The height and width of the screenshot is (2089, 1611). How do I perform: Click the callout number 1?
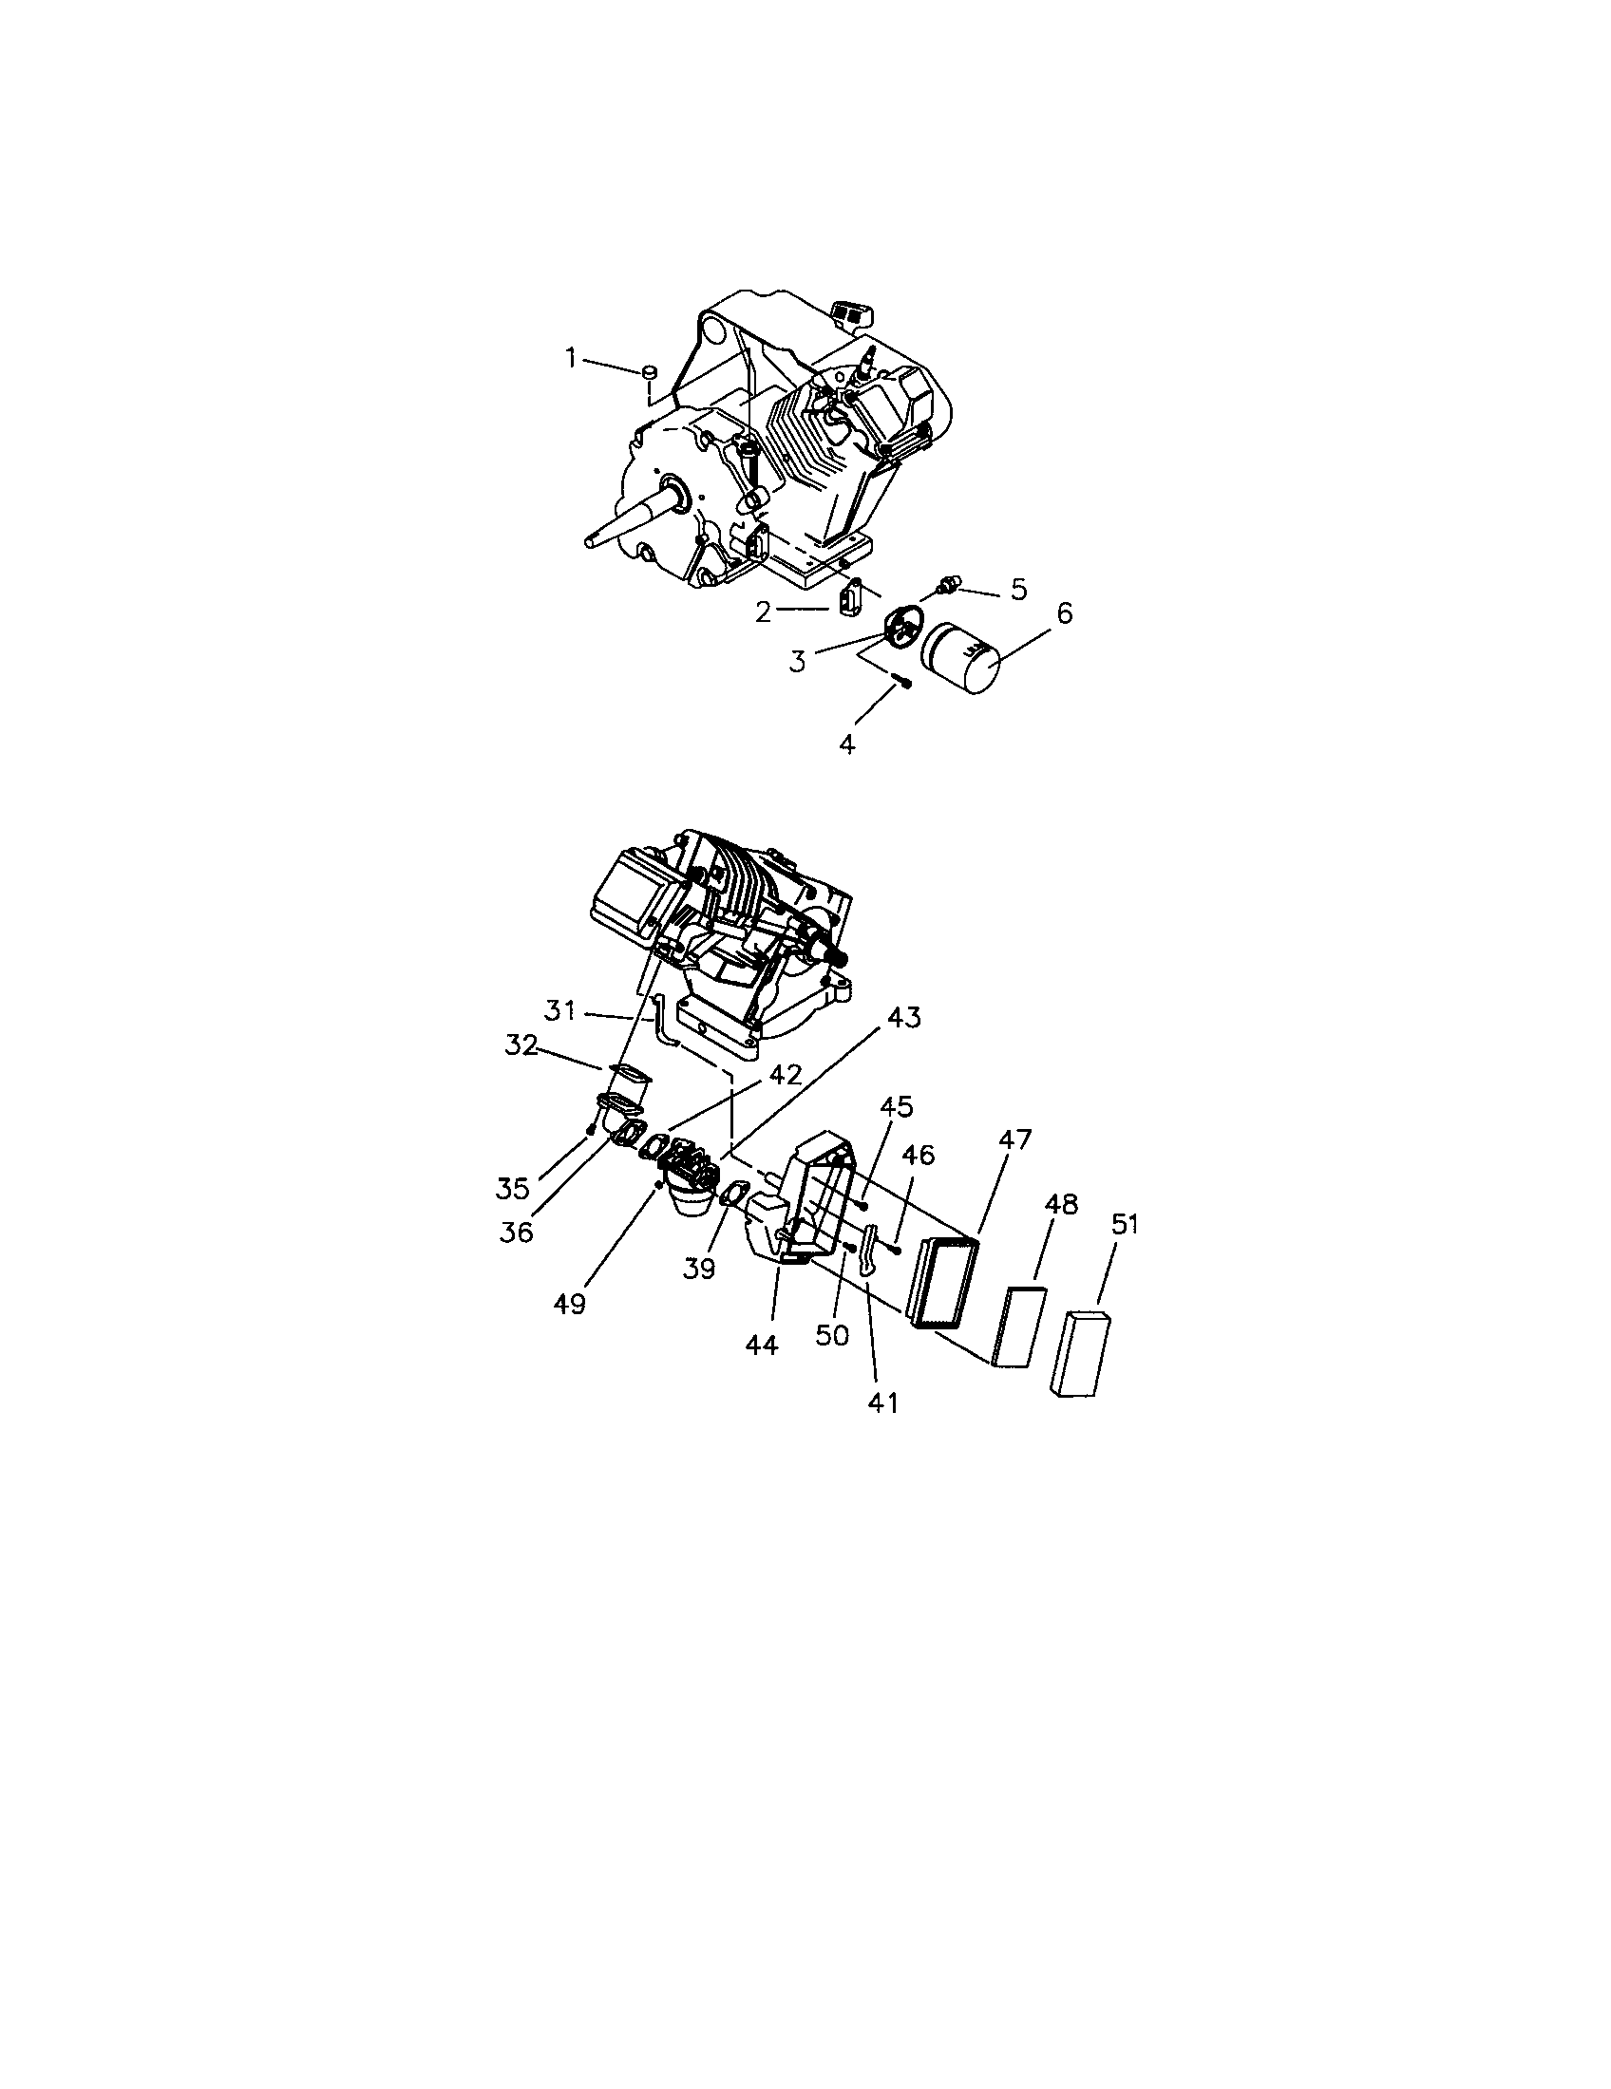coord(571,359)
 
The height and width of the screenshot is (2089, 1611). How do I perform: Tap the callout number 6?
coord(1064,613)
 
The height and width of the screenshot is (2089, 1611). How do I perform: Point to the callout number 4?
coord(847,744)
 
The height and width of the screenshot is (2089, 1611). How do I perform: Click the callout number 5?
coord(1018,590)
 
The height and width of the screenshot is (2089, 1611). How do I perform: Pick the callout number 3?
coord(798,661)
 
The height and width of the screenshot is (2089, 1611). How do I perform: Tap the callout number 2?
coord(763,612)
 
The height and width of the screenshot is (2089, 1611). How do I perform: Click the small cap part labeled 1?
coord(649,371)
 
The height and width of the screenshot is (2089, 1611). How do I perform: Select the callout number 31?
coord(559,1010)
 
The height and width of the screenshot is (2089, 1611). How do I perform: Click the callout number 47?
coord(1016,1139)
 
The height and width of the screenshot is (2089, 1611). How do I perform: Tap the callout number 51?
coord(1124,1224)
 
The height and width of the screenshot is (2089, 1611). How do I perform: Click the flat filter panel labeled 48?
coord(1020,1327)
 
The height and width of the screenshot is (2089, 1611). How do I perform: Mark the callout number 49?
coord(569,1305)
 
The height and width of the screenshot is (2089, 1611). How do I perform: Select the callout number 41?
coord(881,1403)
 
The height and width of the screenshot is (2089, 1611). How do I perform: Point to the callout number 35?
coord(513,1189)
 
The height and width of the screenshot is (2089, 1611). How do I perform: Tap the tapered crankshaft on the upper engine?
coord(627,515)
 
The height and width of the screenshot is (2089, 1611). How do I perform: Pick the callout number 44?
coord(762,1345)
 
